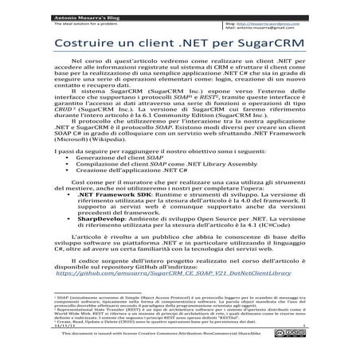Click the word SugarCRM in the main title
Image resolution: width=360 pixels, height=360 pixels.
(x=259, y=39)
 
